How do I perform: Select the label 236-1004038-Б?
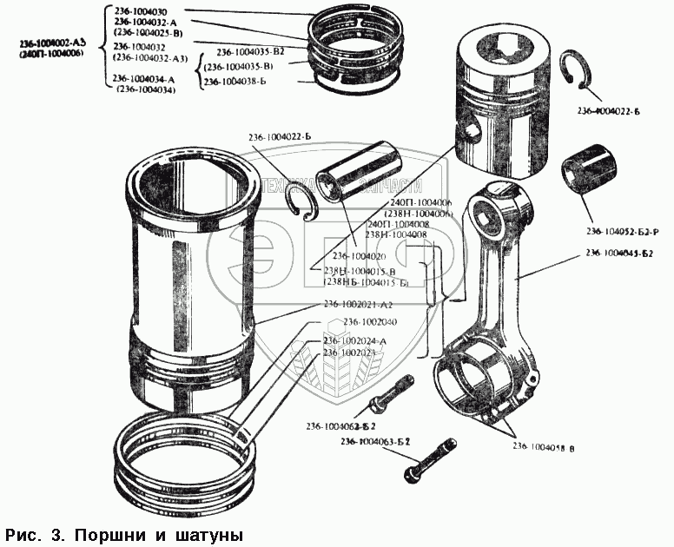[239, 82]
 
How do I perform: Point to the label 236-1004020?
[360, 256]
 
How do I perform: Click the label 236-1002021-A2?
[359, 305]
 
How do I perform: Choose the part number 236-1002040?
[371, 322]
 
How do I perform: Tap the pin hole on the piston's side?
[472, 131]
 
